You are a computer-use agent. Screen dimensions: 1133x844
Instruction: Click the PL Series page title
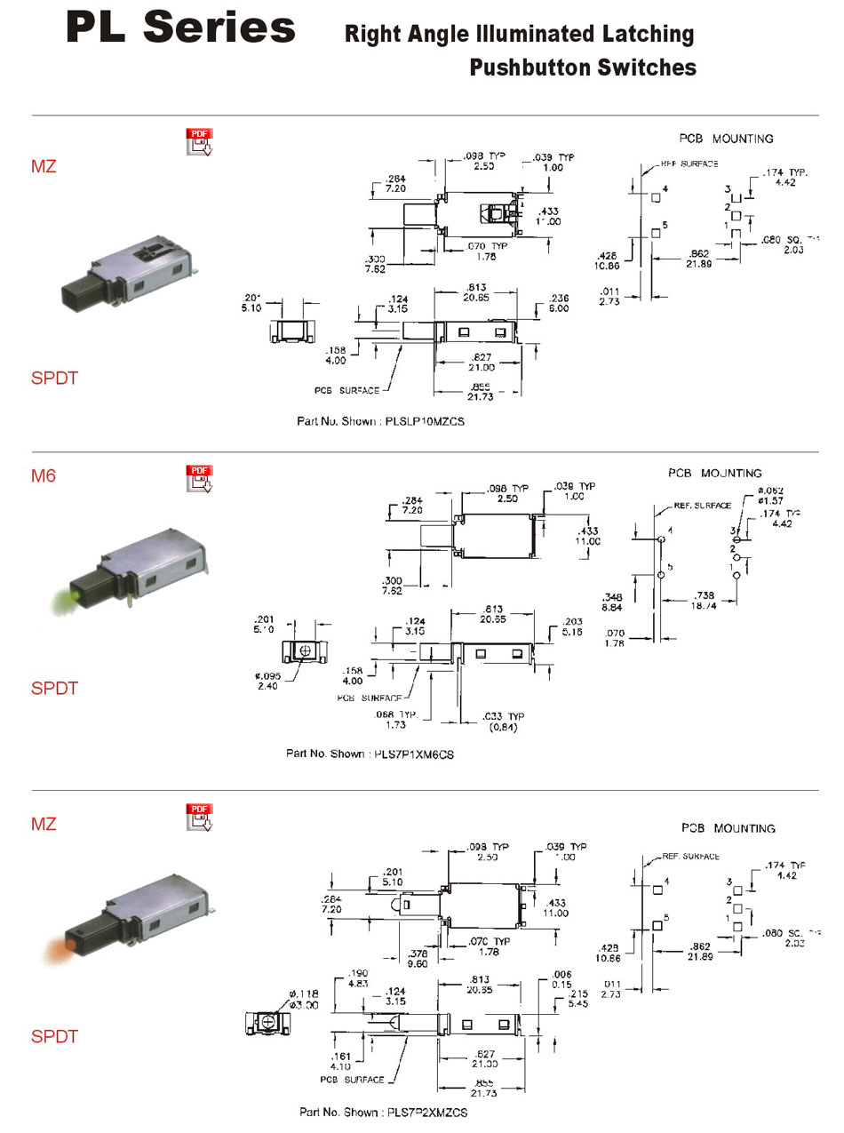tap(180, 28)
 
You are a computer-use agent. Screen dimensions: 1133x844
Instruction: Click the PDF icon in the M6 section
tap(199, 477)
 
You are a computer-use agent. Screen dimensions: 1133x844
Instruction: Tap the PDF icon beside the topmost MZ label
tap(199, 141)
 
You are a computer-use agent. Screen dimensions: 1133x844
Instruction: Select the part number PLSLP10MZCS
tap(425, 421)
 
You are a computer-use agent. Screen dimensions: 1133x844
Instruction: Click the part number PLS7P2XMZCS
tap(427, 1112)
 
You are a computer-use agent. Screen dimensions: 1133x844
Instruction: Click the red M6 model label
tap(44, 475)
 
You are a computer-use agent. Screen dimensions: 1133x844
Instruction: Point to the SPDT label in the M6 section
tap(55, 688)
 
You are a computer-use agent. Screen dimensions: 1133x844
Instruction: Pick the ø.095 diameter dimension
tap(268, 681)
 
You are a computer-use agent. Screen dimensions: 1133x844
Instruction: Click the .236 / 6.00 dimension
tap(560, 303)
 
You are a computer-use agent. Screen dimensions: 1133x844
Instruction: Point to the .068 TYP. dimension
tap(396, 720)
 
